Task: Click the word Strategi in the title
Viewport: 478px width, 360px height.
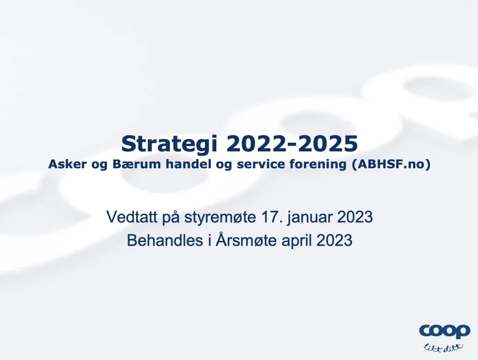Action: click(x=169, y=144)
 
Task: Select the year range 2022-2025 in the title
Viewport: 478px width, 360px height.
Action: click(x=292, y=144)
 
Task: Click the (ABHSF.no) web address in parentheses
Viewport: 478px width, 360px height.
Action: click(x=391, y=164)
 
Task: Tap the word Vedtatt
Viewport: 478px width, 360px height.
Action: click(x=132, y=217)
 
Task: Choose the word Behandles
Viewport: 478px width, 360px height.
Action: click(x=165, y=241)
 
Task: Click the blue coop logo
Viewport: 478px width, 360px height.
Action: click(x=444, y=331)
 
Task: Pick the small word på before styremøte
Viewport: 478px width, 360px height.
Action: click(x=171, y=217)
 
